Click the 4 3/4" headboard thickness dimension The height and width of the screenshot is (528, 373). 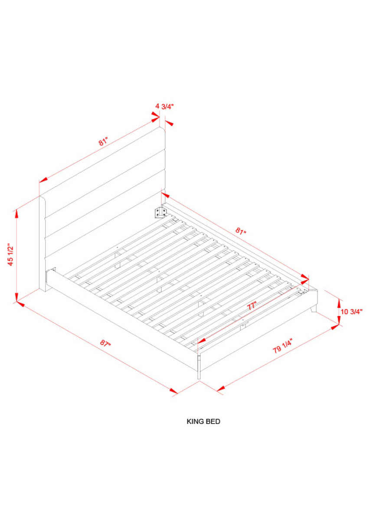164,106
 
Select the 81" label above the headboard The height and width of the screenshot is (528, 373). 103,142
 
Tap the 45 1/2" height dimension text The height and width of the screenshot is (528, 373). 11,254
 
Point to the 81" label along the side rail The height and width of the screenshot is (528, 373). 241,230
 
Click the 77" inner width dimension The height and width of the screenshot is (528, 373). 251,306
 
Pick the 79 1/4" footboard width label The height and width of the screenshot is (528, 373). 282,346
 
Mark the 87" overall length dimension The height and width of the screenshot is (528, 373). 105,342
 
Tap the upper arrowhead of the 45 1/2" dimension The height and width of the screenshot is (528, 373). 16,213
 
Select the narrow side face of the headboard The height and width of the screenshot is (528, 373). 42,243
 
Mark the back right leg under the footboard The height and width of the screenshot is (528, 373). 314,309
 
